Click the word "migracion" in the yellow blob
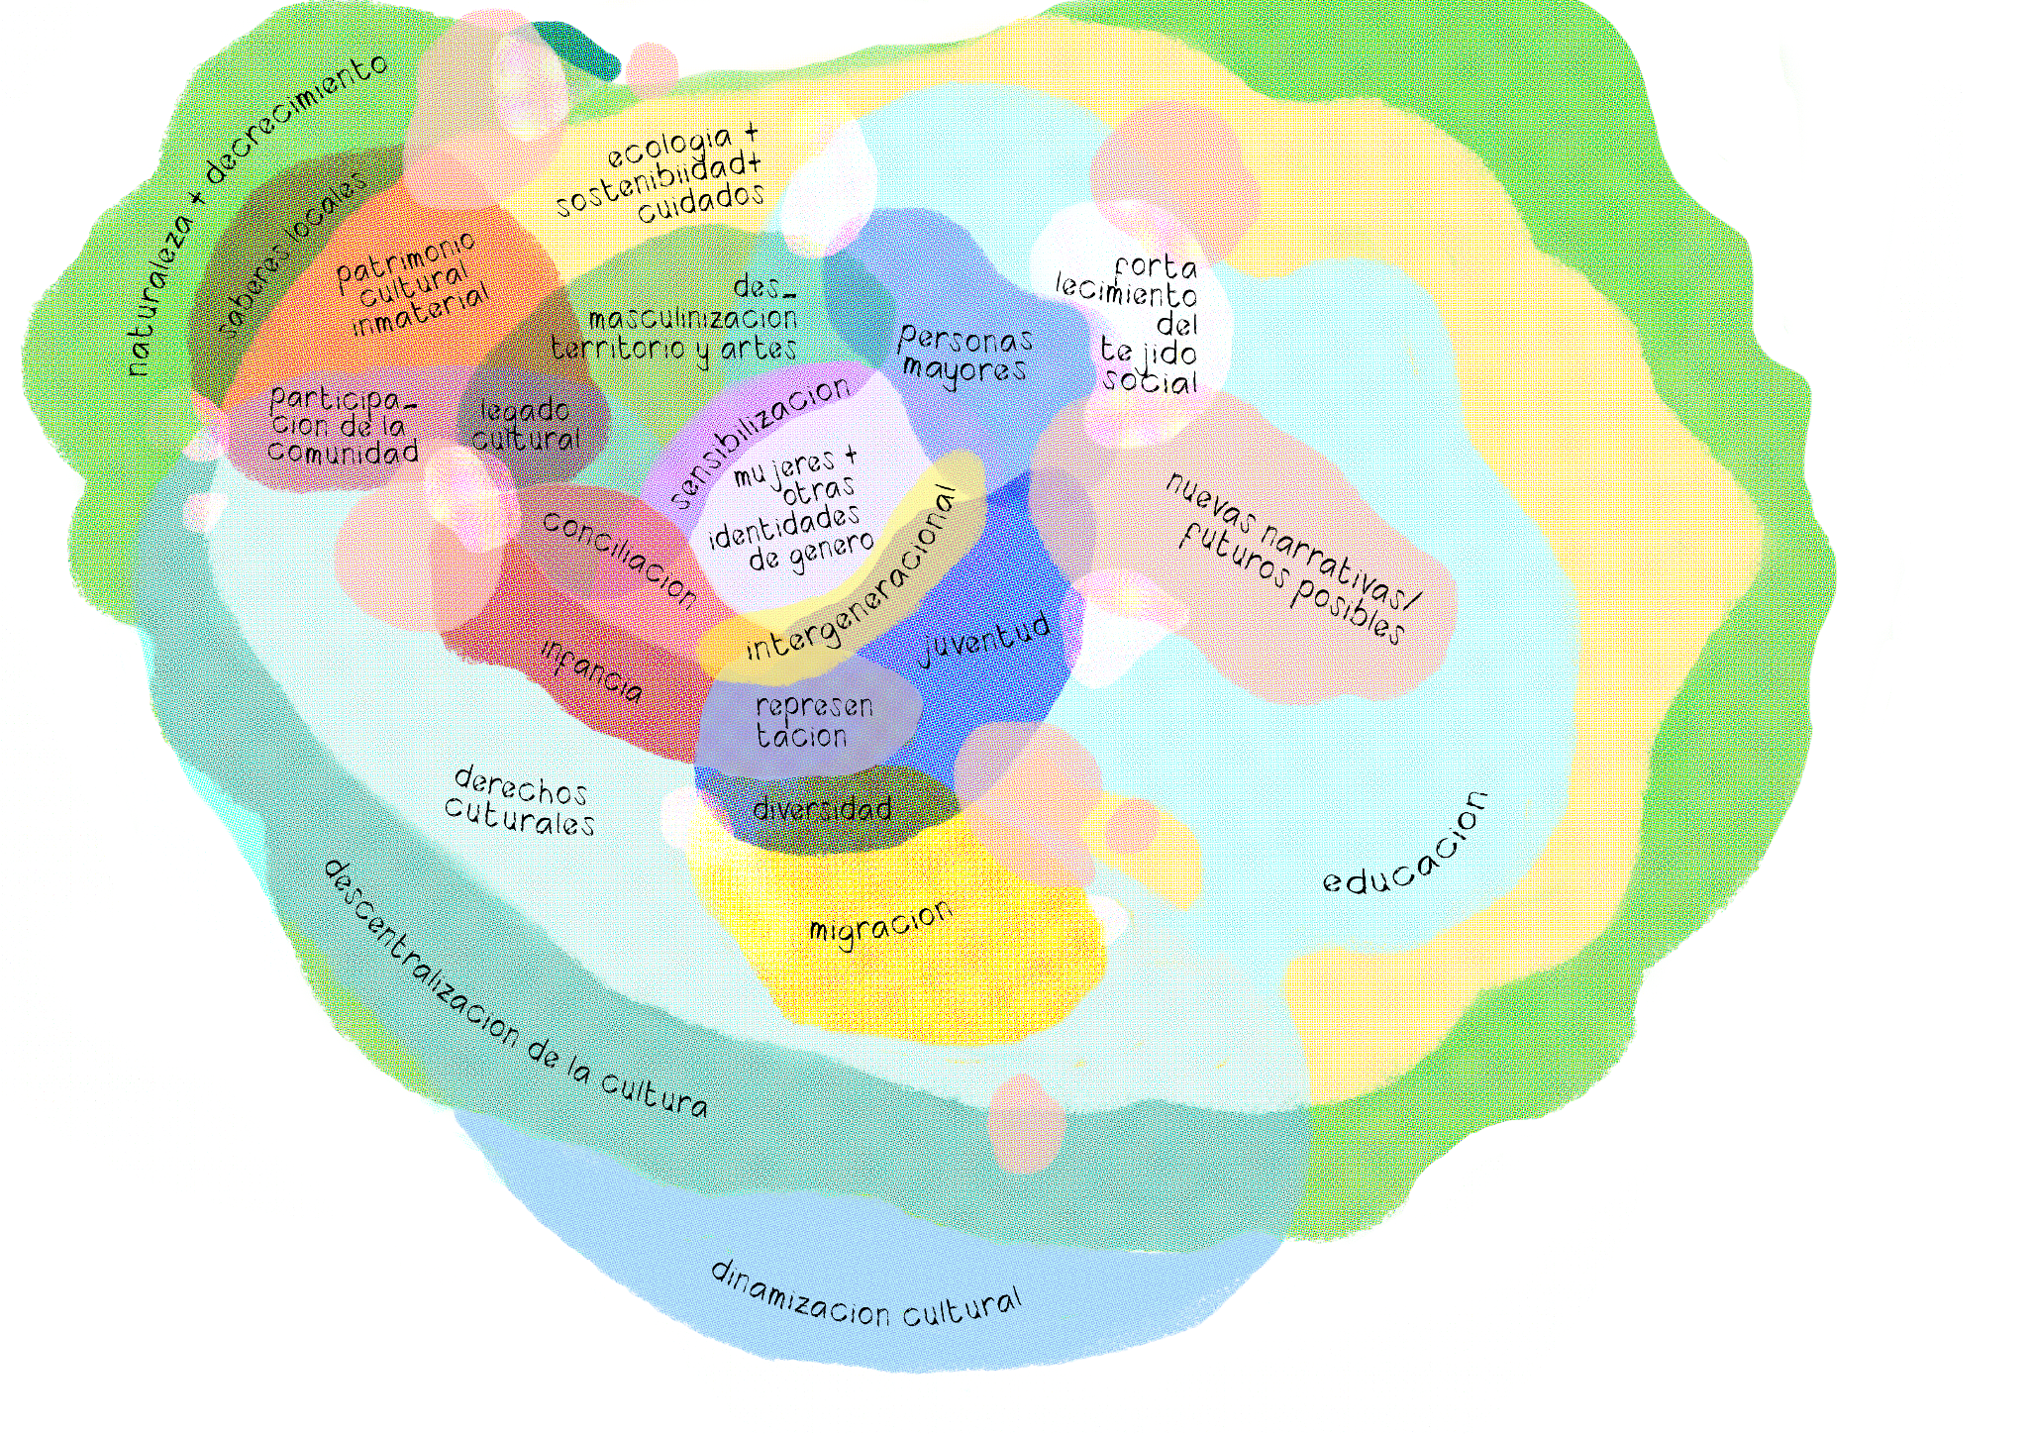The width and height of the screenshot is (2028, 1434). coord(880,923)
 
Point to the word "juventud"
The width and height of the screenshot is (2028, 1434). coord(983,639)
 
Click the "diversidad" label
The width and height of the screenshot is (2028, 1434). coord(822,809)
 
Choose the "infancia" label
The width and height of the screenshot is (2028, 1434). coord(592,669)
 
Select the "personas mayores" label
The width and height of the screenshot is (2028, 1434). coord(964,355)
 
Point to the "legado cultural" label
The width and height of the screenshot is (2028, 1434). coord(525,424)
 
